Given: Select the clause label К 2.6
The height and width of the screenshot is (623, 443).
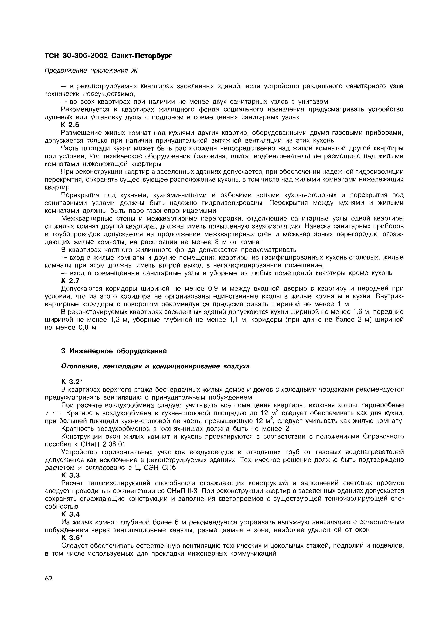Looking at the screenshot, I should click(70, 125).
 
